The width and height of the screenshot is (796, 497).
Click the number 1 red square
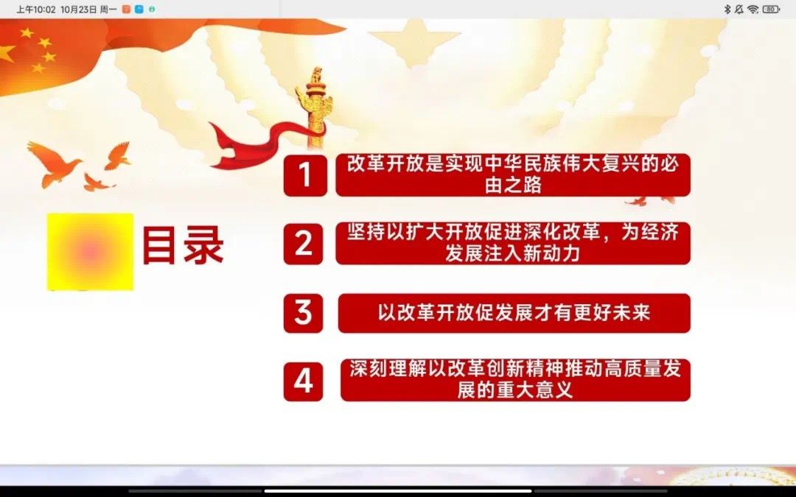[305, 175]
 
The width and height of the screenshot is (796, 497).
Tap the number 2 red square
[303, 244]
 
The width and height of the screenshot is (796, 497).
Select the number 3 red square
[303, 313]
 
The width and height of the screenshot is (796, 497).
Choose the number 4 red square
[303, 381]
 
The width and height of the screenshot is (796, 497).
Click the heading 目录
[183, 245]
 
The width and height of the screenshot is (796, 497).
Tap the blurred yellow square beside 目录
[91, 252]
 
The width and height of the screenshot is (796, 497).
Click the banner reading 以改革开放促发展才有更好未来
[514, 313]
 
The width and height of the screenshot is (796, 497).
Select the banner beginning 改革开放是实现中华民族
[513, 175]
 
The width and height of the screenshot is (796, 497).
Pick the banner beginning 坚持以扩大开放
[513, 244]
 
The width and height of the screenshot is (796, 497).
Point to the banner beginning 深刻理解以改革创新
[515, 381]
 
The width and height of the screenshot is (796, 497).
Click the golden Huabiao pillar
[315, 107]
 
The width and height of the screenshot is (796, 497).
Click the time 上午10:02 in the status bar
[35, 9]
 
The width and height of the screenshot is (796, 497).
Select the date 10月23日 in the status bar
[78, 9]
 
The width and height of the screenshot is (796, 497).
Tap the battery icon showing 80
[771, 9]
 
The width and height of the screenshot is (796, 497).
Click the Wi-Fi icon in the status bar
[753, 9]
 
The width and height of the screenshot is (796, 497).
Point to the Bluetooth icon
[727, 9]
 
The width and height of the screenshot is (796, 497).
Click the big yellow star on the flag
[6, 53]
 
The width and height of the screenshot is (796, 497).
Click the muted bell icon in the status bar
[739, 9]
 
